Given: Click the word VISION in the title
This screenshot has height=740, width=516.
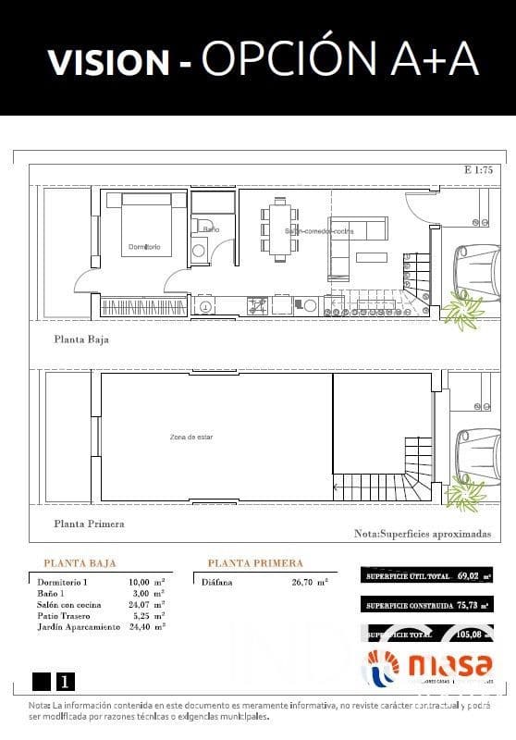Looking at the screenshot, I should coord(108,62).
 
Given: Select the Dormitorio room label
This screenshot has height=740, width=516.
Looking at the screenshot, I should coord(144,247).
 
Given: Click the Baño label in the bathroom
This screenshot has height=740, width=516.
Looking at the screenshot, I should coord(211,228).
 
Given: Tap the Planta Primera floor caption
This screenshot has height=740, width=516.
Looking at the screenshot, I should coord(89,524).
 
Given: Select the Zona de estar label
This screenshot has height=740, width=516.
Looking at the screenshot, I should coord(190,437).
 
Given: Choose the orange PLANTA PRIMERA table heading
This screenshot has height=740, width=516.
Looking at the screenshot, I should coord(255,562).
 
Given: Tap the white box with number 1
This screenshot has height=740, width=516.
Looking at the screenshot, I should coord(65,682).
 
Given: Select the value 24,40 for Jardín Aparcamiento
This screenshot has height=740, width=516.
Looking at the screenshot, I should coord(140,626).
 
